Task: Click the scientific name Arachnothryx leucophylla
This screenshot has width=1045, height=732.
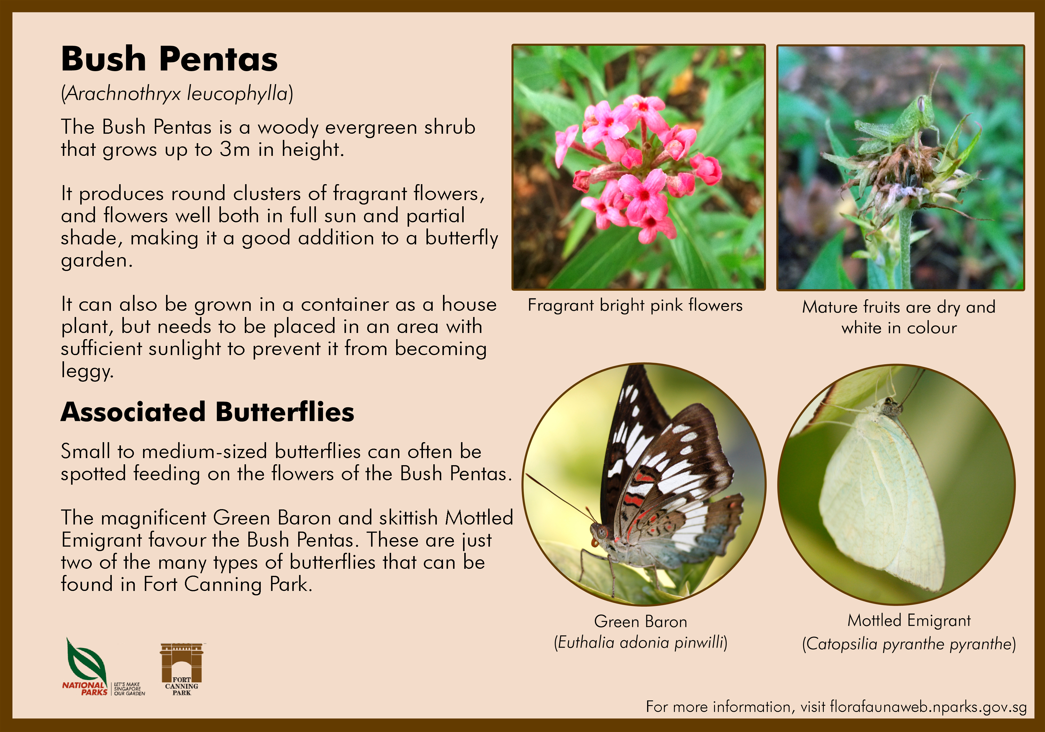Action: point(177,94)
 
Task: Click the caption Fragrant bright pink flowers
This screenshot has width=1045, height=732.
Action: point(635,305)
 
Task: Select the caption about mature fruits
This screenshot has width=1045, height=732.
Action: point(899,317)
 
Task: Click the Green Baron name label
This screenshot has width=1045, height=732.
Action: point(640,621)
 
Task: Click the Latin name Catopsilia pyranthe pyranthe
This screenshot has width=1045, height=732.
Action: point(909,644)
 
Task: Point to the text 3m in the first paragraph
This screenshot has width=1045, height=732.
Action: point(235,149)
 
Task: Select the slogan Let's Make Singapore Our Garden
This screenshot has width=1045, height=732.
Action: point(129,689)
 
